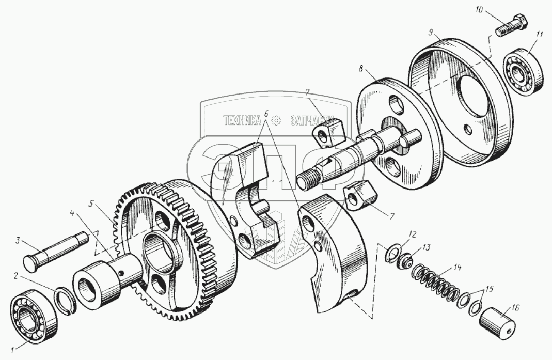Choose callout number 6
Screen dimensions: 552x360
266,113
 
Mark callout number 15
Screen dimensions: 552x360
489,289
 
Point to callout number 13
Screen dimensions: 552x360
425,247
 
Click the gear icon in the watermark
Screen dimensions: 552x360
276,121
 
